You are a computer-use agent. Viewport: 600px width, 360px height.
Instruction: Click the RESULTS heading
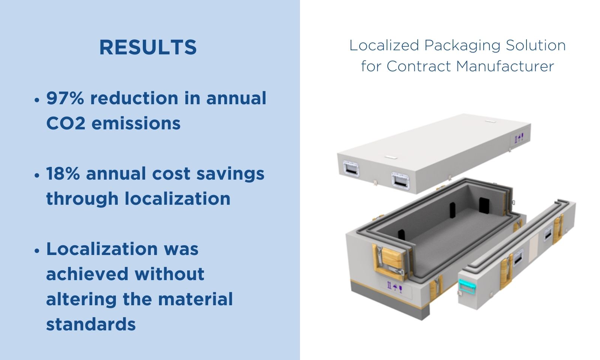pos(148,47)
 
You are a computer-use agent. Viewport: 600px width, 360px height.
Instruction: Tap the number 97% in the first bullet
pos(65,98)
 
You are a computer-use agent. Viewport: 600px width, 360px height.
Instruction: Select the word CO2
pos(66,123)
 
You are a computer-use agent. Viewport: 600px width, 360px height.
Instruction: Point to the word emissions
pos(136,123)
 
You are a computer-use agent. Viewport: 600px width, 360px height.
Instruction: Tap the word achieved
pos(87,274)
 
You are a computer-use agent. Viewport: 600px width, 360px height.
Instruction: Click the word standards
pos(91,324)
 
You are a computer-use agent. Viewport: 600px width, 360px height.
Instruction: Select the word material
pos(195,299)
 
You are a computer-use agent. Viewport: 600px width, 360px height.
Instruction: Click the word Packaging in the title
pos(462,46)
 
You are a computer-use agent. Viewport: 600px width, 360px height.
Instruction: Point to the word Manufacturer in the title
pos(505,66)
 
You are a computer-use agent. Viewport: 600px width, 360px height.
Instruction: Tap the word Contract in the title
pos(418,66)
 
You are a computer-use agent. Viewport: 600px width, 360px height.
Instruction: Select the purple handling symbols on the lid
pos(519,138)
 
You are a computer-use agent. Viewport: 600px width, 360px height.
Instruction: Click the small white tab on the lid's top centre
pos(391,157)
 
